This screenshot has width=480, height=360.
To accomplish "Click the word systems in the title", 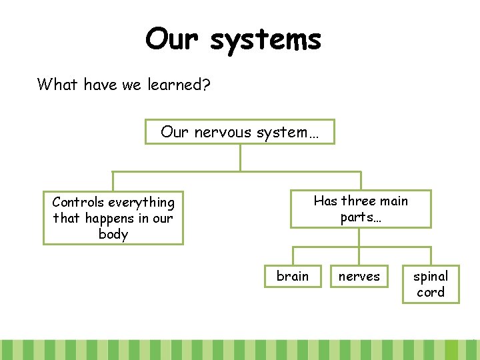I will point(265,40).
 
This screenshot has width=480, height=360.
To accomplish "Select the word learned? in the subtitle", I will point(178,85).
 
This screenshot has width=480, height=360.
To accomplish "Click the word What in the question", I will point(59,84).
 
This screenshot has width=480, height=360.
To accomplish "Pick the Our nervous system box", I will point(240,132).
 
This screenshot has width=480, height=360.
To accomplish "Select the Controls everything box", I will point(113,218).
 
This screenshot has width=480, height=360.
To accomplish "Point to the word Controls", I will point(78,202).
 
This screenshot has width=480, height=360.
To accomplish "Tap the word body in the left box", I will point(113,234).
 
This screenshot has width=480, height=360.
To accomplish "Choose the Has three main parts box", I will point(361,209).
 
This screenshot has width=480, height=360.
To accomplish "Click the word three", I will point(360,201).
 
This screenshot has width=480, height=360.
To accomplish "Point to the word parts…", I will point(361,217).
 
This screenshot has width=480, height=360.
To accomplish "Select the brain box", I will point(293,276).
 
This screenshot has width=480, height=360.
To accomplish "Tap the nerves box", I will point(359,276).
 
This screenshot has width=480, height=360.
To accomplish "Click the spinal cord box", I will point(431,284).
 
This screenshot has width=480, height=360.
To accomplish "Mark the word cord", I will point(431,292).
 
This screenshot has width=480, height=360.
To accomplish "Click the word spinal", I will point(431,276).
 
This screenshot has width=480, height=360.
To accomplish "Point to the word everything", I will point(141,202).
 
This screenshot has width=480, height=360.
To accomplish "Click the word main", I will point(393,201).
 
